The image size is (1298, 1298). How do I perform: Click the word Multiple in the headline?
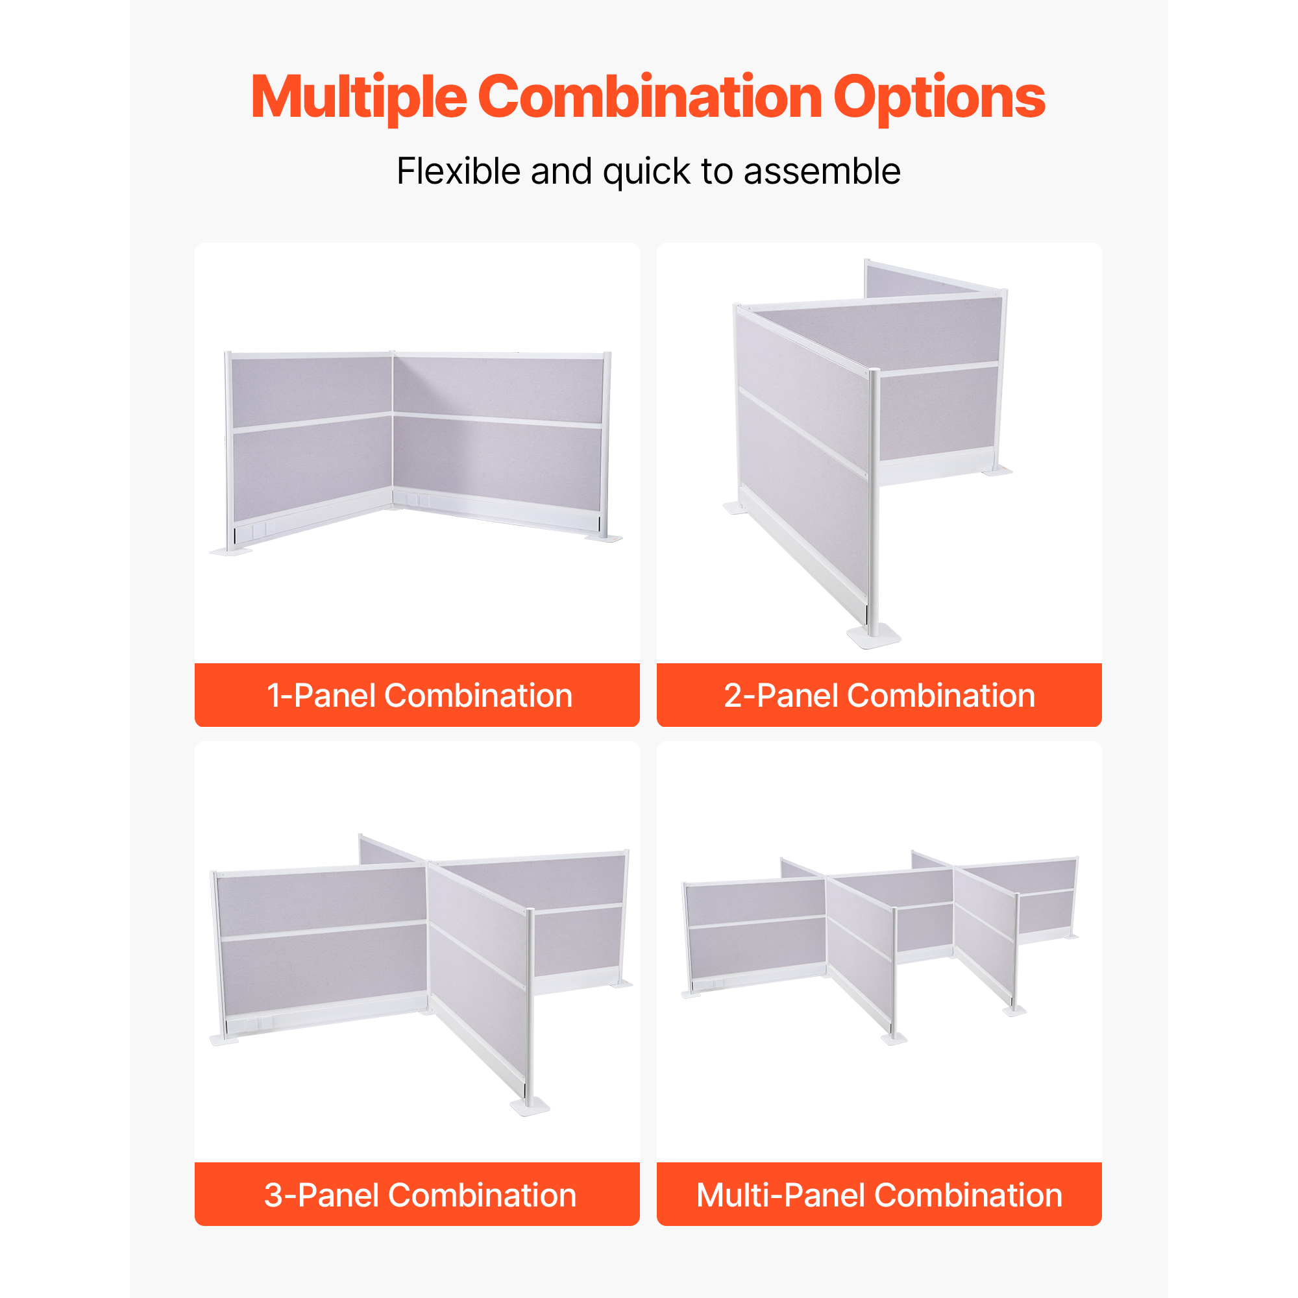click(359, 97)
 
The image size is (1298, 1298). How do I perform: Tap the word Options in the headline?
click(938, 97)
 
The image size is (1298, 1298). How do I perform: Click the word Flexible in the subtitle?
click(458, 171)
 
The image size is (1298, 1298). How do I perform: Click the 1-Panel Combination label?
click(419, 695)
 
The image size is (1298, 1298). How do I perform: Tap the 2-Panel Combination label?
click(879, 695)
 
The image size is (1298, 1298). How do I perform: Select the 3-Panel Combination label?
click(420, 1195)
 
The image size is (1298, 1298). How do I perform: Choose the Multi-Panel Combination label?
click(879, 1195)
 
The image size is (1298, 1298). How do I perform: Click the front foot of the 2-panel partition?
click(874, 635)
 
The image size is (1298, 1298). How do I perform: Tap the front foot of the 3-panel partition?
click(530, 1107)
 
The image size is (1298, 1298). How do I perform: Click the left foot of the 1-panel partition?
click(230, 551)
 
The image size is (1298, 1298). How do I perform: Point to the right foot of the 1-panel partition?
click(604, 537)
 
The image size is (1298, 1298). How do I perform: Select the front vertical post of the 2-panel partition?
click(874, 500)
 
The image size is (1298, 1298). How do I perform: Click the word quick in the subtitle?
click(646, 172)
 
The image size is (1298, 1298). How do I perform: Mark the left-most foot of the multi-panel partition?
click(691, 994)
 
